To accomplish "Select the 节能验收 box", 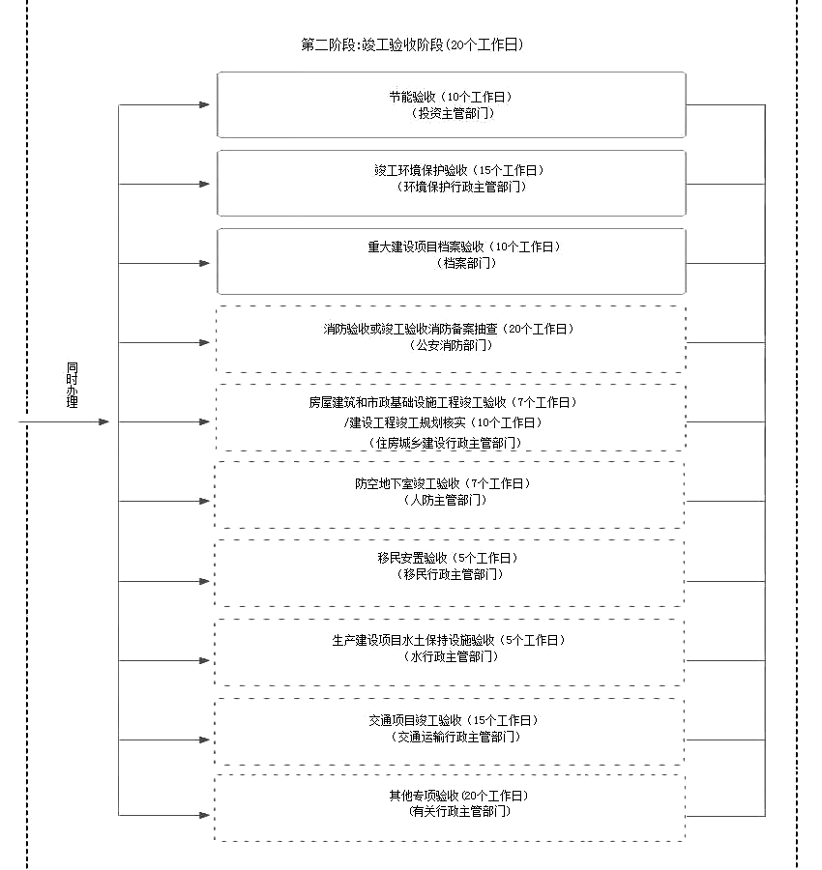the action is (452, 104).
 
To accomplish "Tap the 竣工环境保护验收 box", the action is (452, 183).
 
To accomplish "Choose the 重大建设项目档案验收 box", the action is (452, 261).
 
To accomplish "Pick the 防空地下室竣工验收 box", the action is (450, 495).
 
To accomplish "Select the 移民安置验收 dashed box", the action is (450, 573).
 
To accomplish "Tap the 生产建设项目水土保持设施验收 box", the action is (450, 652).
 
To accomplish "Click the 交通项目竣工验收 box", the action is (450, 732).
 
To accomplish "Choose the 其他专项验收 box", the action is (450, 808).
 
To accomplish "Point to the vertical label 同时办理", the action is (73, 385).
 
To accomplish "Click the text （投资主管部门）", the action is (453, 113).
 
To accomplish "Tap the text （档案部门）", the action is (466, 263).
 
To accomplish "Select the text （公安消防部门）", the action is (451, 345).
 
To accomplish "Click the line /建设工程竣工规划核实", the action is (443, 422).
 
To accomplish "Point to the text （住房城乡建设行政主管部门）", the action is (446, 443).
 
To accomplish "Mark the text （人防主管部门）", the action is (446, 500).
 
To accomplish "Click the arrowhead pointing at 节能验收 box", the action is (204, 104).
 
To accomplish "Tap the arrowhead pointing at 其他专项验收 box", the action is (204, 815).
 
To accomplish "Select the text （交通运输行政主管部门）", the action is (455, 737).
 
